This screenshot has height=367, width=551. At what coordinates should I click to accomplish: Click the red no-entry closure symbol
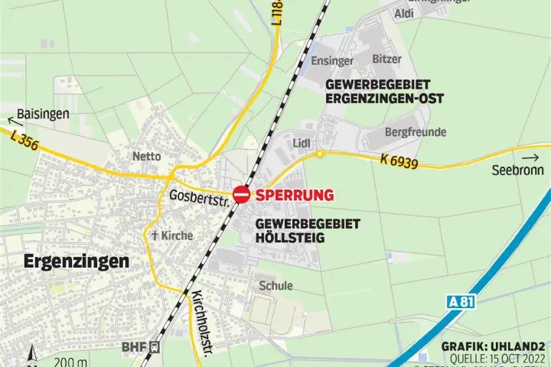241,195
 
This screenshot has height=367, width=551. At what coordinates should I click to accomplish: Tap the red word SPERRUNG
295,195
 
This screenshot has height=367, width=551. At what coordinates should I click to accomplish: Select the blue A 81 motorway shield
461,302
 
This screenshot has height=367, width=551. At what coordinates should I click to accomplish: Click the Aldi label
403,14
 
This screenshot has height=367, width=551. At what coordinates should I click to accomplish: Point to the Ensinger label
332,60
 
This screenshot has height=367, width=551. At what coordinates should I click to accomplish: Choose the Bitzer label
386,59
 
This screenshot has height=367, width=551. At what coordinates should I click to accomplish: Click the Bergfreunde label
416,132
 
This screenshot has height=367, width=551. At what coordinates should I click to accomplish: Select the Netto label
147,156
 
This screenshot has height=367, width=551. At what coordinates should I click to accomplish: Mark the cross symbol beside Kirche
154,235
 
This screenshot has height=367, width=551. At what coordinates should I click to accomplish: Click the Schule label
275,285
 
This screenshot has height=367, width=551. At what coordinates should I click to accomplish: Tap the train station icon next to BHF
155,346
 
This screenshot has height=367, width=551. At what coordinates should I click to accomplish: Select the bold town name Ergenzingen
77,261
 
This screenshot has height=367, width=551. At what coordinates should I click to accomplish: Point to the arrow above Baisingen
11,119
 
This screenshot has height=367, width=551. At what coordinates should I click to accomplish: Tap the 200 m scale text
70,361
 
